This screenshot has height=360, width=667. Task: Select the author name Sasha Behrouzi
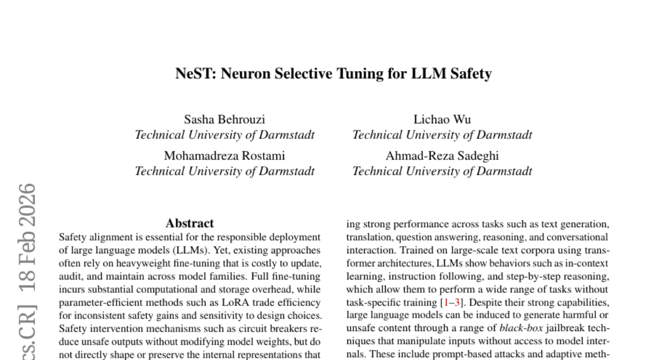pyautogui.click(x=225, y=119)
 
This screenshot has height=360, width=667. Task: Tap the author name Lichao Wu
pyautogui.click(x=442, y=119)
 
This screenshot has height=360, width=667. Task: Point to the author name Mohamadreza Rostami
pyautogui.click(x=225, y=156)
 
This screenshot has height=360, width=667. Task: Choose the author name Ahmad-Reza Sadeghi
pyautogui.click(x=442, y=156)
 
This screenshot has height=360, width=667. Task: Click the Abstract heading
pyautogui.click(x=190, y=223)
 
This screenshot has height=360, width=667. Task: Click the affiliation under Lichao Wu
pyautogui.click(x=442, y=134)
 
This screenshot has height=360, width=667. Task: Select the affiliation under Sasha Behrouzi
pyautogui.click(x=225, y=134)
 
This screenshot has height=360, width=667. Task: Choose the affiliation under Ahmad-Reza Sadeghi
pyautogui.click(x=442, y=171)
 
